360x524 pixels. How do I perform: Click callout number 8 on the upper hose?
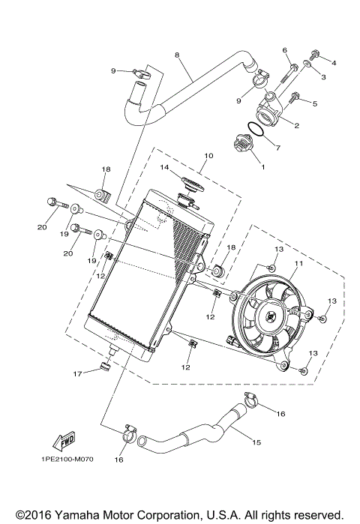point(177,55)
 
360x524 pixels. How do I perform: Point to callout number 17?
point(76,374)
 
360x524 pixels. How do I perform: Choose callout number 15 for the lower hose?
point(256,443)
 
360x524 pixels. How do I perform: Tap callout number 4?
point(334,63)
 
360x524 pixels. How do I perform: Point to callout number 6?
point(285,50)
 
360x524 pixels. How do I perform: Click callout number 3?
point(324,77)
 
